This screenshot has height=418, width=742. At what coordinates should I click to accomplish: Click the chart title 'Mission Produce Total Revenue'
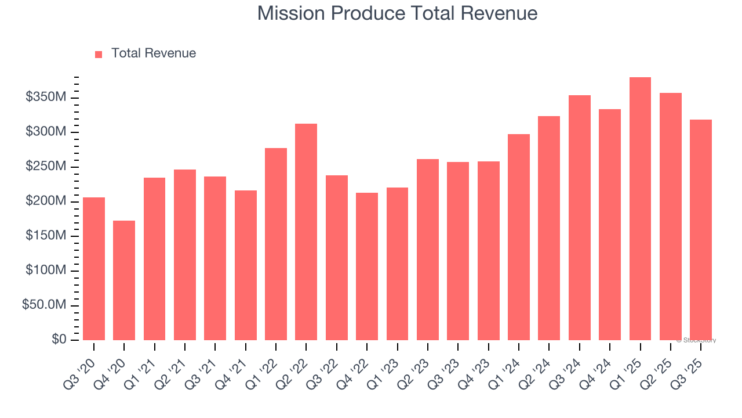(397, 13)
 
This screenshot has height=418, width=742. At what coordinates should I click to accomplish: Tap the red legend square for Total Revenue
(99, 54)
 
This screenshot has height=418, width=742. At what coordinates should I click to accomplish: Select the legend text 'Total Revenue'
(154, 53)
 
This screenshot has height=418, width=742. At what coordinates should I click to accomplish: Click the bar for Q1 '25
(640, 209)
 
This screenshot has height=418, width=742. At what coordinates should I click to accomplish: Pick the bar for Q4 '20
(124, 280)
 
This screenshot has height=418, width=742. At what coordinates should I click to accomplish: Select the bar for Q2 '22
(306, 232)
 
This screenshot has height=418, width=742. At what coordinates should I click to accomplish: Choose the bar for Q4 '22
(367, 266)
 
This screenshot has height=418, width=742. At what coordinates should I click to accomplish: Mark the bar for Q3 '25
(700, 230)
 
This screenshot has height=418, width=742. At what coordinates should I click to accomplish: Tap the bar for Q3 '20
(94, 269)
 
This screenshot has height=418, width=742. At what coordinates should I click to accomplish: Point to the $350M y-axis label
(46, 98)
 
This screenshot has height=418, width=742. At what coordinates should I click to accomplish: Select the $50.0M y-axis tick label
(44, 305)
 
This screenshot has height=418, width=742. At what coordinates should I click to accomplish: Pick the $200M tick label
(46, 201)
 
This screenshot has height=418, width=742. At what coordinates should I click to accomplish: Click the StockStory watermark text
(696, 341)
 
